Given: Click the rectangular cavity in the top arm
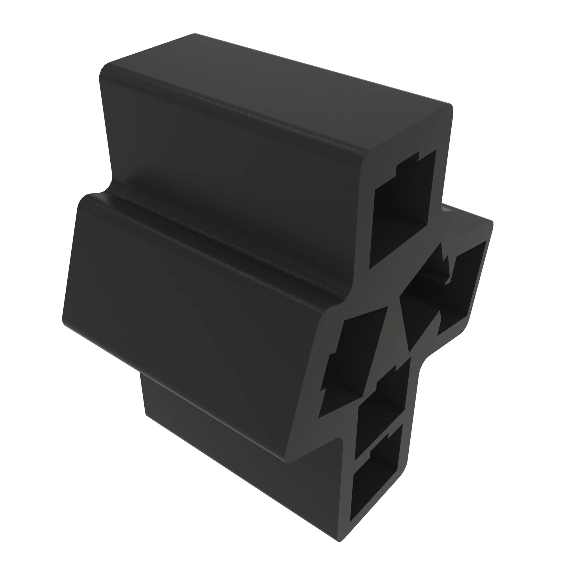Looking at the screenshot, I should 401,214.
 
